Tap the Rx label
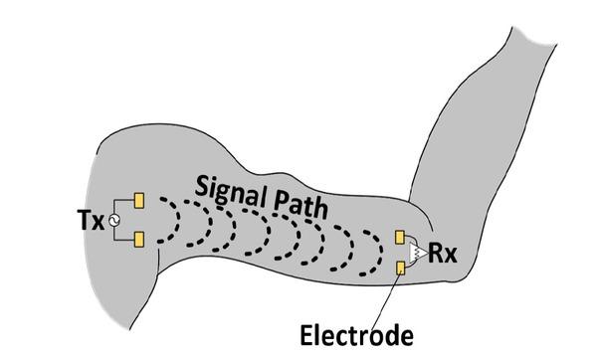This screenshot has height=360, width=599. coord(443,253)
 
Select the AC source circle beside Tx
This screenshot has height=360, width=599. coord(113,220)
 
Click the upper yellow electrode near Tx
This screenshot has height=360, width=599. coord(139,201)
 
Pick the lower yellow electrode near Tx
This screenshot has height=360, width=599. coord(139,239)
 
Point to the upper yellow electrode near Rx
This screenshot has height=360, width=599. coord(400,237)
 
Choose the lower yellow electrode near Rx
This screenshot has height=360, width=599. coord(400,268)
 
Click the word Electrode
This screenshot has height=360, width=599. coord(356,335)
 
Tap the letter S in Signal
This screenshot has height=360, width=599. coord(202,186)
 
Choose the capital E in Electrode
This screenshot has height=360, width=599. coord(306,335)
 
